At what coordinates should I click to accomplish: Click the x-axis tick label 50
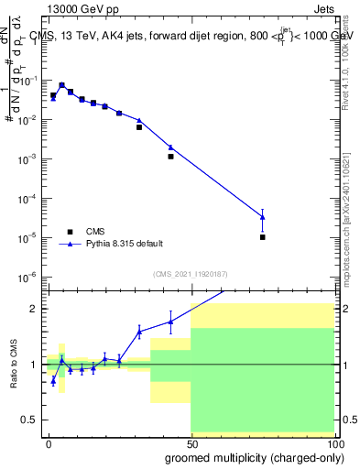pos(191,443)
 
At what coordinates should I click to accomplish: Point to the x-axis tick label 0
pos(49,443)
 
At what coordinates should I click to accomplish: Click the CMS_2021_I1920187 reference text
pos(191,274)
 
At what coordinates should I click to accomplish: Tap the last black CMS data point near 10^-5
pos(263,237)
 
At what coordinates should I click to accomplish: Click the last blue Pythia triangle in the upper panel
pos(263,216)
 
